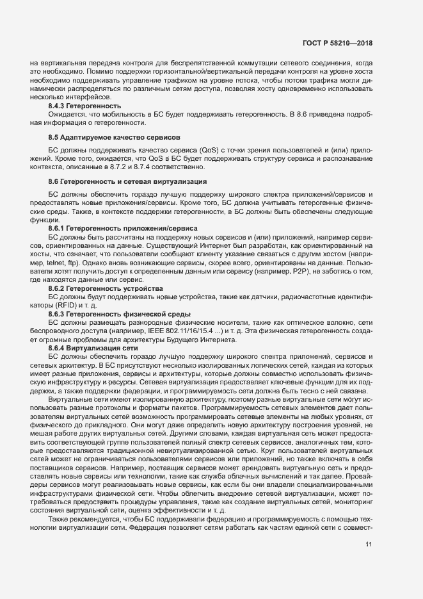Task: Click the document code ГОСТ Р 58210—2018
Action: pos(337,43)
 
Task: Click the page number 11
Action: pos(369,545)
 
